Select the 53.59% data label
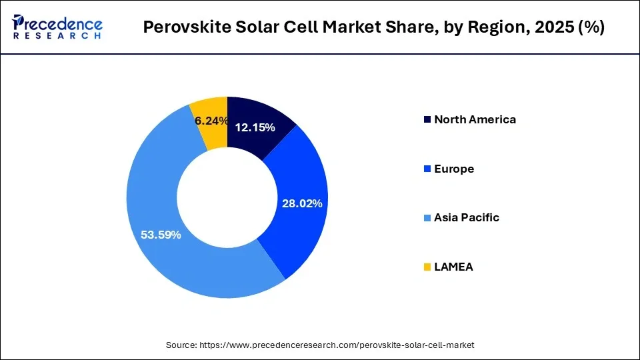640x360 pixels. tap(161, 235)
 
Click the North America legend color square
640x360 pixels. tap(426, 120)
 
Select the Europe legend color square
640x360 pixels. tap(426, 169)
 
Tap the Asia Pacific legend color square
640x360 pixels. tap(426, 218)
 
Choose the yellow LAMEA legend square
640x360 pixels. tap(426, 267)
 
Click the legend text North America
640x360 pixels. tap(475, 120)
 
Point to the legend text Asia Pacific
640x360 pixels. tap(466, 218)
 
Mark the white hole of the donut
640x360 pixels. tap(227, 197)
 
